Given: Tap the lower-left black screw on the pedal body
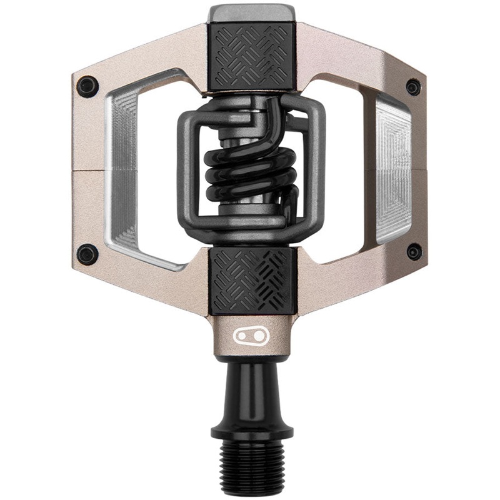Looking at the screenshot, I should click(87, 253).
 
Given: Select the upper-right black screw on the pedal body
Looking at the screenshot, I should click(413, 86).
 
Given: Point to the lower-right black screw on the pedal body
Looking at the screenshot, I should click(413, 252).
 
